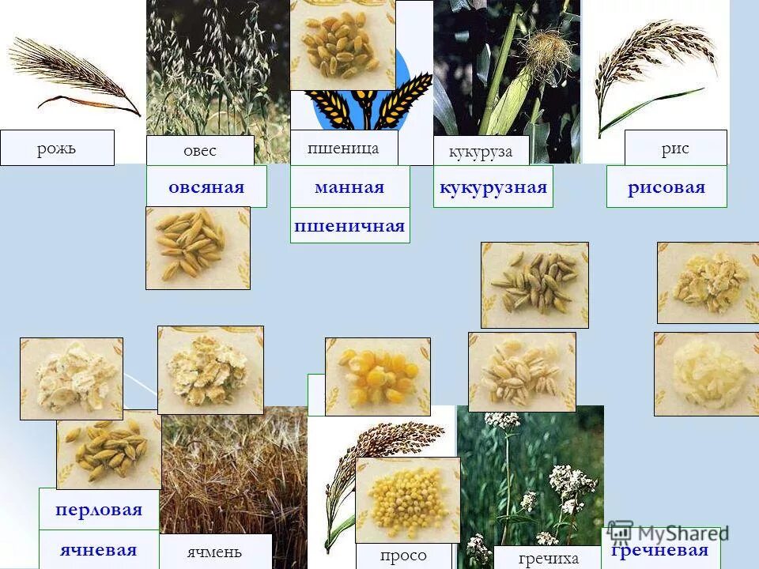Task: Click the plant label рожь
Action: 56,148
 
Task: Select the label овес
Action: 199,150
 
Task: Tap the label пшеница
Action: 343,148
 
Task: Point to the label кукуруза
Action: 481,151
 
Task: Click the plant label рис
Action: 675,148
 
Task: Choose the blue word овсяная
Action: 206,187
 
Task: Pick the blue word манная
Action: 349,187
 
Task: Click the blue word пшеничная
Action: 349,226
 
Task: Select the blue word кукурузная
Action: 493,187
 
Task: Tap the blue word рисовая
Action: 666,187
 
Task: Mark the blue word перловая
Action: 99,510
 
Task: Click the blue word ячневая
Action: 98,550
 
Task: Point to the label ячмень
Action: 214,552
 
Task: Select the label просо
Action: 402,556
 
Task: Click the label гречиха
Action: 549,558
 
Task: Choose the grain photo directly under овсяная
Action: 198,247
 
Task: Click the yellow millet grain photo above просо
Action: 407,499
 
